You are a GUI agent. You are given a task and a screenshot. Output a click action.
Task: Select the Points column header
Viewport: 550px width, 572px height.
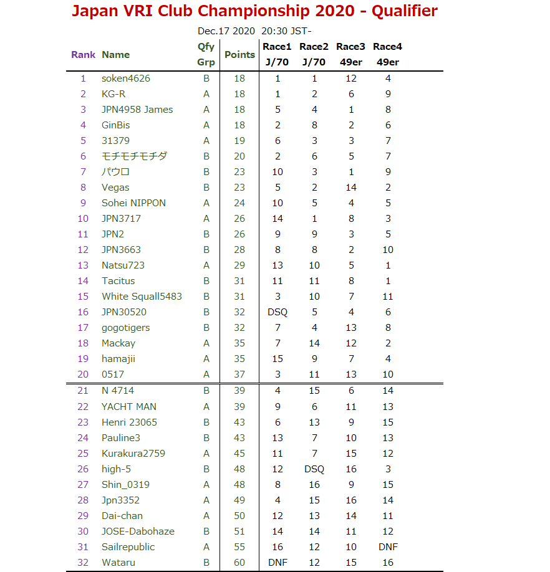point(239,54)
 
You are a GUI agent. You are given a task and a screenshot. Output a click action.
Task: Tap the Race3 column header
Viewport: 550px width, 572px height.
point(350,47)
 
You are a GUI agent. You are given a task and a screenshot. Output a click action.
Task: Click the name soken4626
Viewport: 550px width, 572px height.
point(125,79)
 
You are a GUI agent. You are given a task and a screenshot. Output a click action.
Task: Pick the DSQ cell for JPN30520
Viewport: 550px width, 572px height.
point(277,312)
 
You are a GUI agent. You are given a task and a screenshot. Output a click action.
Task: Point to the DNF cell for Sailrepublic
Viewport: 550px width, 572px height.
point(388,547)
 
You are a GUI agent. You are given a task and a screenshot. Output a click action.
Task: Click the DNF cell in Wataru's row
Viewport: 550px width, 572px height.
point(277,563)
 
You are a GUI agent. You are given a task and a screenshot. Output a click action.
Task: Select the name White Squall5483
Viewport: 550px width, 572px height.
point(142,297)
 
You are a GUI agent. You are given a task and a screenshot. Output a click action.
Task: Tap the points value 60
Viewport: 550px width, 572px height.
point(239,563)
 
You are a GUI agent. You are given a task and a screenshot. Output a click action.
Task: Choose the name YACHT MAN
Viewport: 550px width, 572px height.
point(129,407)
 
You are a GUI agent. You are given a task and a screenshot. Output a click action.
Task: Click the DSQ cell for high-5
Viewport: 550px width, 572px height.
point(314,469)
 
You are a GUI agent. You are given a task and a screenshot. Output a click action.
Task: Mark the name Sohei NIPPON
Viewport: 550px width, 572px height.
point(133,203)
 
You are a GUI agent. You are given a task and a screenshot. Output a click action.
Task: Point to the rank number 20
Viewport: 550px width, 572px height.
point(83,374)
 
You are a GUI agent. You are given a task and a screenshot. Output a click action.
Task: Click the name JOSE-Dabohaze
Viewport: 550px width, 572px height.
point(138,531)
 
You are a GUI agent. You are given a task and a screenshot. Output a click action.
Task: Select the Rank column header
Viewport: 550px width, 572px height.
point(83,54)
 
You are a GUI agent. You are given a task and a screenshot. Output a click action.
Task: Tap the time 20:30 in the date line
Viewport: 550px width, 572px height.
point(274,31)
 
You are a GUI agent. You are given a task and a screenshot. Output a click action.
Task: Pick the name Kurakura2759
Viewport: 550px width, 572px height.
point(133,454)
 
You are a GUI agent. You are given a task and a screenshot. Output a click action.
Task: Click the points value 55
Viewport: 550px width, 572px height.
point(239,547)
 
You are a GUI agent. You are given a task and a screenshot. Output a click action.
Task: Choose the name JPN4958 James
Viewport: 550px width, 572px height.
point(137,110)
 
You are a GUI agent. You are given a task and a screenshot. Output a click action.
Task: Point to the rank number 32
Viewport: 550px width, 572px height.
point(83,563)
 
